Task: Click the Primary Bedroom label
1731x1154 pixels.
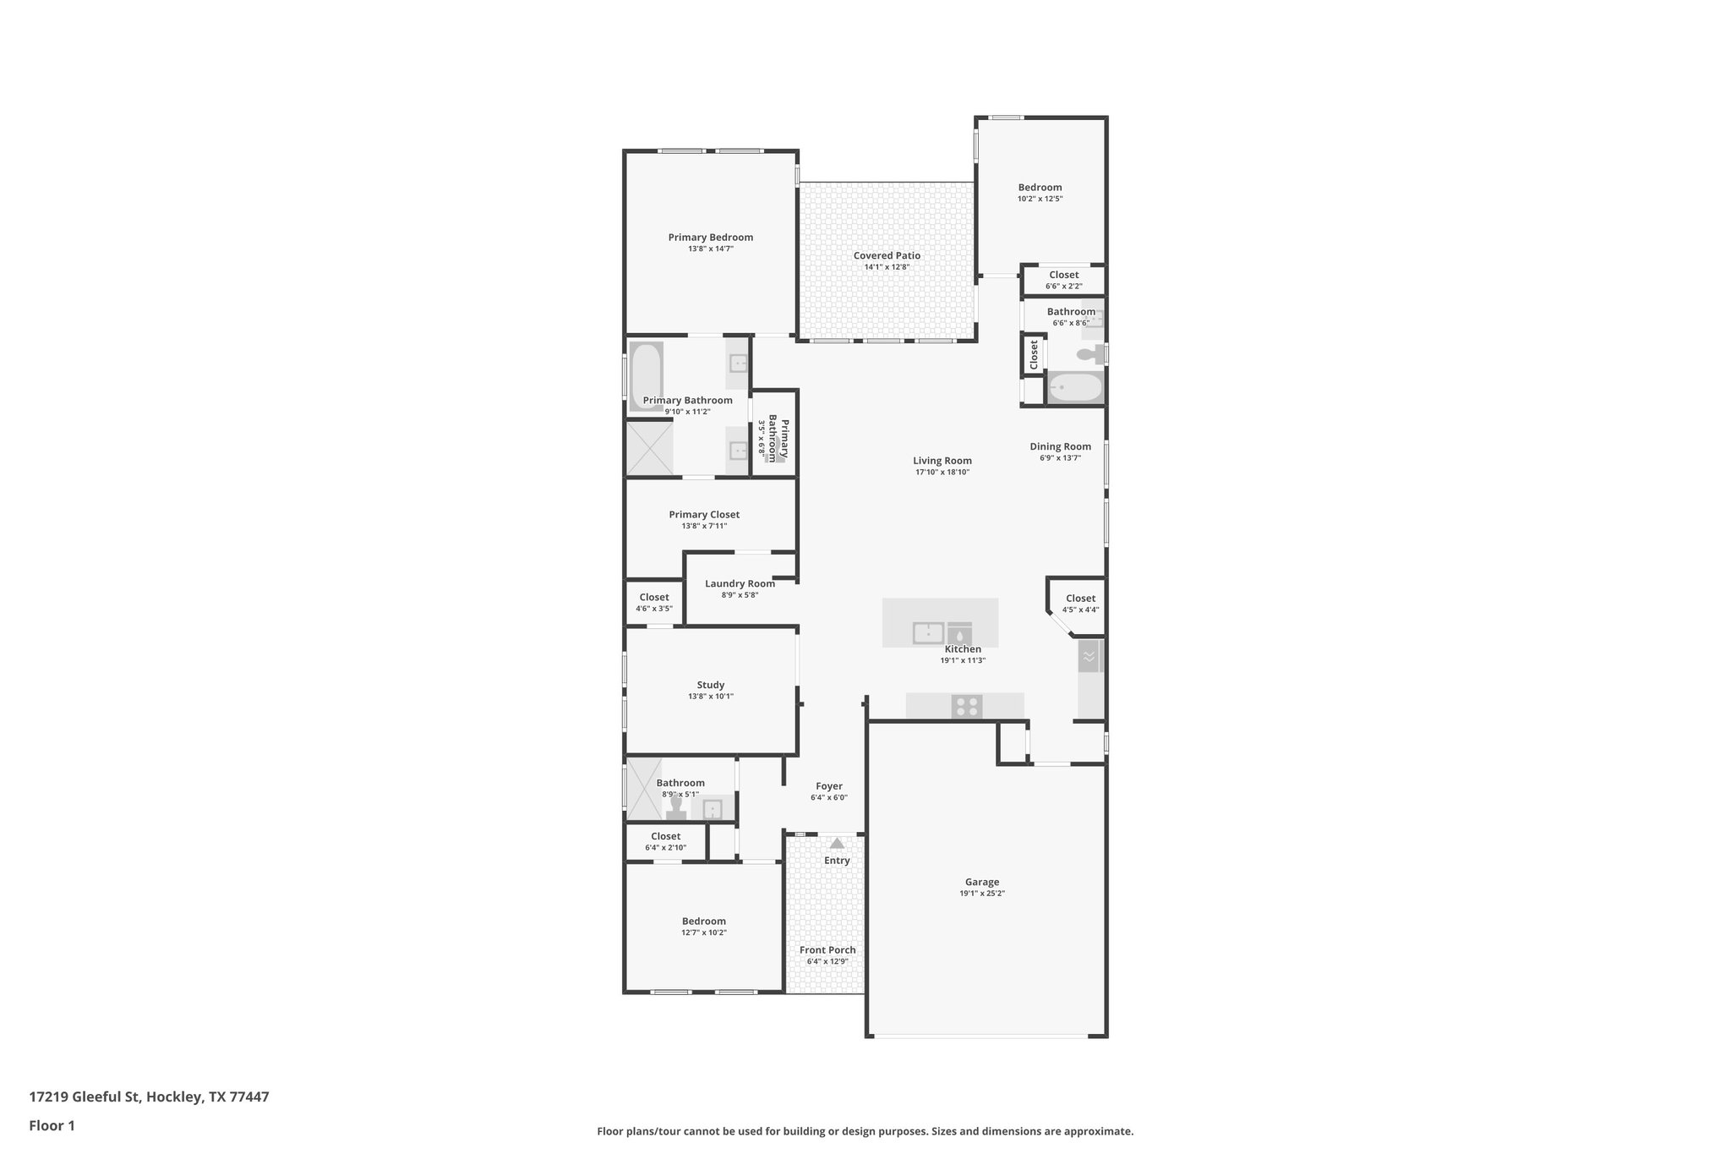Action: tap(710, 238)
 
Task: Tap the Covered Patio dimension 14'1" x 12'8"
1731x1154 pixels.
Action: tap(886, 267)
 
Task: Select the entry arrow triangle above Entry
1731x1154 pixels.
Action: tap(837, 843)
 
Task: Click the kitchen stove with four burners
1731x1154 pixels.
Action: tap(967, 706)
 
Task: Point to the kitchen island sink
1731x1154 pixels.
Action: tap(928, 632)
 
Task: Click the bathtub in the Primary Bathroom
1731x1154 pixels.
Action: tap(646, 376)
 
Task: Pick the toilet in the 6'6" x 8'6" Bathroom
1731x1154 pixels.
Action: tap(1091, 354)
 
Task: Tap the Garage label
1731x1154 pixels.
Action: tap(981, 882)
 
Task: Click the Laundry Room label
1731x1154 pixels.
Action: tap(740, 583)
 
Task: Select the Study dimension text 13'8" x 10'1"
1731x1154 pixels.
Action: tap(710, 697)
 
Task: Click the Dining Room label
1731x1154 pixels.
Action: tap(1060, 446)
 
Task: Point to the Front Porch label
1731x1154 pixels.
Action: tap(827, 949)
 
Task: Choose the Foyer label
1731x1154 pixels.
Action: tap(828, 786)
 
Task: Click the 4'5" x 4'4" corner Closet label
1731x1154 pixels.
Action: tap(1080, 599)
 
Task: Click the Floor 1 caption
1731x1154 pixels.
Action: tap(52, 1125)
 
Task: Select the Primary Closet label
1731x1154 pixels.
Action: tap(704, 514)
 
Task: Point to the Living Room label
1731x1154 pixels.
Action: tap(942, 461)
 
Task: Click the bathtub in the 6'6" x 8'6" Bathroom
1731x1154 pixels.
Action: tap(1075, 389)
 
